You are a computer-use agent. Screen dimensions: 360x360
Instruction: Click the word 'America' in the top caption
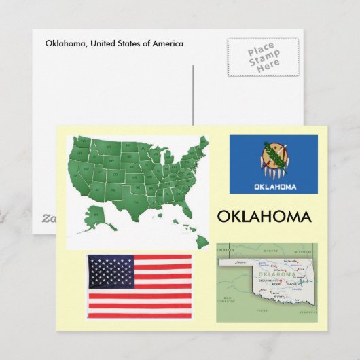point(167,43)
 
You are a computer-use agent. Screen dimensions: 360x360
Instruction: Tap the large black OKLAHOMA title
point(264,217)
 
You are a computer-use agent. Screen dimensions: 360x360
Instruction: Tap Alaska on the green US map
point(96,215)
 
